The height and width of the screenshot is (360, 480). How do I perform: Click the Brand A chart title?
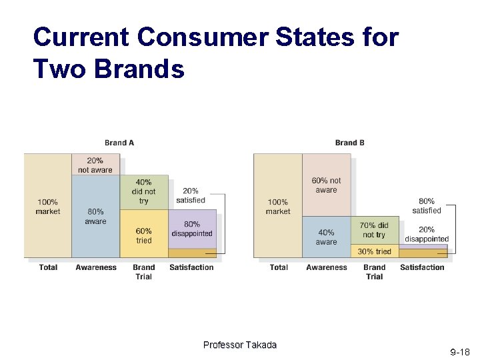click(x=119, y=143)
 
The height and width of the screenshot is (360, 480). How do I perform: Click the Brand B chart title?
click(x=349, y=143)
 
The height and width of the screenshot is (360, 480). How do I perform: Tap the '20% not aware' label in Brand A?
click(x=95, y=165)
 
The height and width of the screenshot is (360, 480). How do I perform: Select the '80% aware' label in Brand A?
click(x=95, y=217)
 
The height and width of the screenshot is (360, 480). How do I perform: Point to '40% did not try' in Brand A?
click(x=143, y=191)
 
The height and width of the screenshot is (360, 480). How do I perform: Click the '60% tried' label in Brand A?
click(x=143, y=236)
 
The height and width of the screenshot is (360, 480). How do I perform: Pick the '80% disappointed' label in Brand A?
click(x=192, y=229)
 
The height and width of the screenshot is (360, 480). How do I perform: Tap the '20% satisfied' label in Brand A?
click(x=191, y=195)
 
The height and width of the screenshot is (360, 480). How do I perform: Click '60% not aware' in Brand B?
click(x=326, y=185)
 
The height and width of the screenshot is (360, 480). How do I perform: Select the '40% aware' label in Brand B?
click(x=326, y=237)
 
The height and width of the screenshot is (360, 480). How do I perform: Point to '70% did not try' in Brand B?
click(x=374, y=230)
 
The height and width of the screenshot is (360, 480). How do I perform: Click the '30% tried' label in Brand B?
click(x=374, y=251)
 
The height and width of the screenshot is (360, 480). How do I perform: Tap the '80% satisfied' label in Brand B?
click(x=427, y=205)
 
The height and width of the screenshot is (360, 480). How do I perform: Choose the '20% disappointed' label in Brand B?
click(x=427, y=235)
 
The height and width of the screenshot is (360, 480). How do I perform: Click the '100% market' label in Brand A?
click(x=47, y=207)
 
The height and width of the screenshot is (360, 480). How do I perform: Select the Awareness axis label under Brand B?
click(x=327, y=267)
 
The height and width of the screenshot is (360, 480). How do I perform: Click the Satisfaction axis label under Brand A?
click(x=191, y=267)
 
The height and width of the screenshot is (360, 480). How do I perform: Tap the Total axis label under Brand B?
click(x=279, y=267)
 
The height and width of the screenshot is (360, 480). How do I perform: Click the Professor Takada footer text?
click(x=239, y=345)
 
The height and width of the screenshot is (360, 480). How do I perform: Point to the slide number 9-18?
click(x=460, y=351)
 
